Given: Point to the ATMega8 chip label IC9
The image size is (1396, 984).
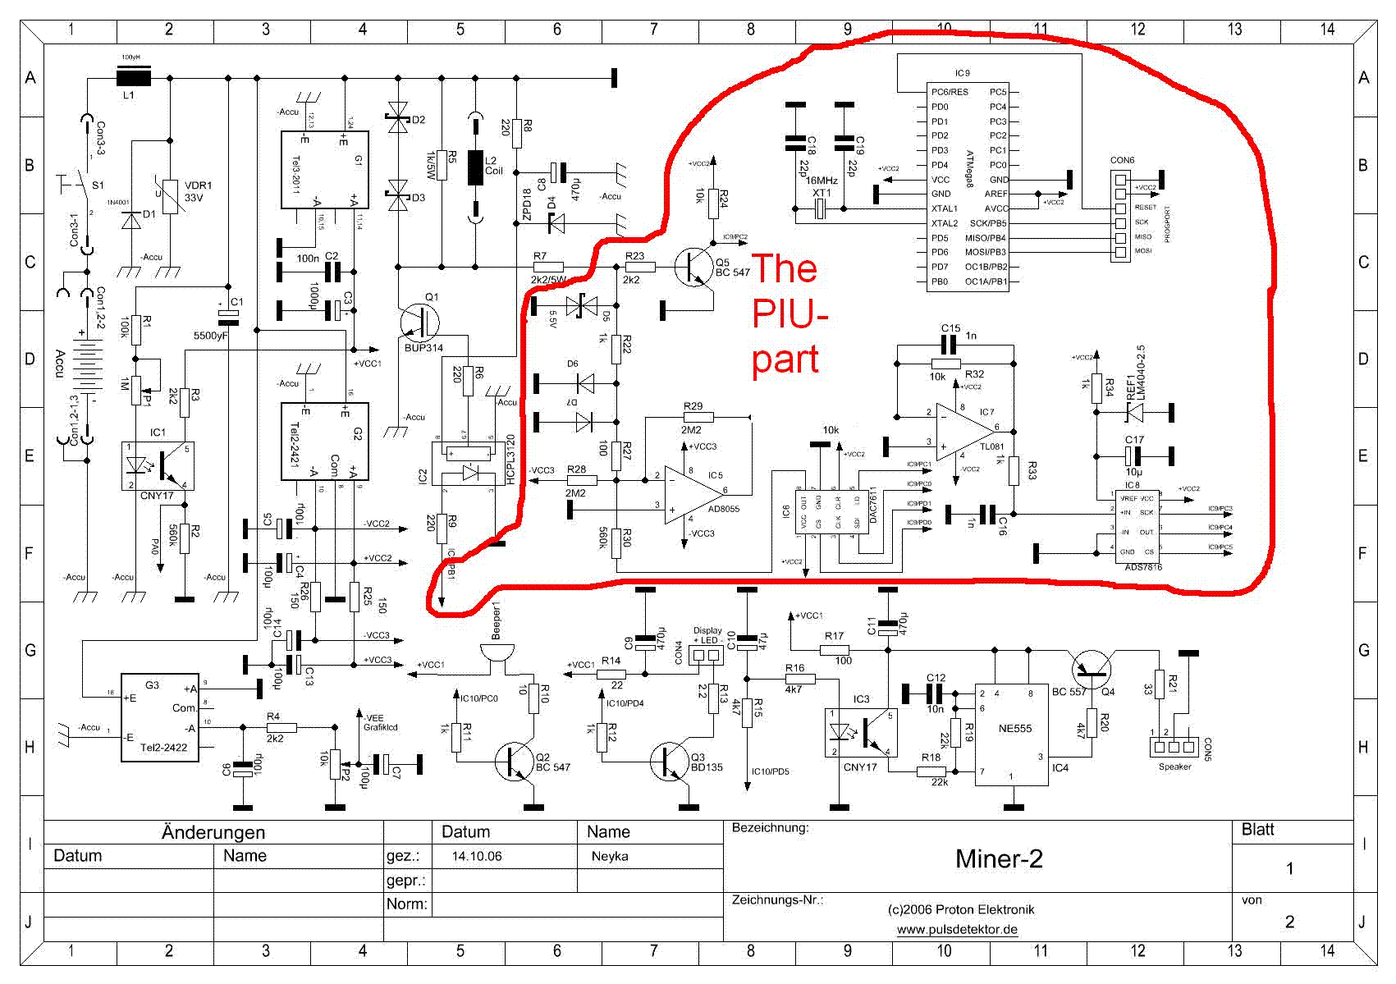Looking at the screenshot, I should [962, 73].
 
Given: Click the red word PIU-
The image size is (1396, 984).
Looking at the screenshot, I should [790, 314].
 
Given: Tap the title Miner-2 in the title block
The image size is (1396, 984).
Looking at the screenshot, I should [999, 858].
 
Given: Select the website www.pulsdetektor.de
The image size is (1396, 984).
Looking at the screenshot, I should [957, 930].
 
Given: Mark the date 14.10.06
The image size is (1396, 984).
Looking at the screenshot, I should [477, 856].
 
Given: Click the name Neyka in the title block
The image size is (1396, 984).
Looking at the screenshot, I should [610, 856].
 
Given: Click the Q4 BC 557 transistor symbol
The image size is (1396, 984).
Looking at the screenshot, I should [1093, 670].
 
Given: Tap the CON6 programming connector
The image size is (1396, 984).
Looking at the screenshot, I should [1120, 216].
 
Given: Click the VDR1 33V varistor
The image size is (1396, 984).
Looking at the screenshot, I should [170, 197].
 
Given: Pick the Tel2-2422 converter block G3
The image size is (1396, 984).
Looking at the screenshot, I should [160, 717].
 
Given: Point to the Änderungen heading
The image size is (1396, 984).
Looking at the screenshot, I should [213, 832].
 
